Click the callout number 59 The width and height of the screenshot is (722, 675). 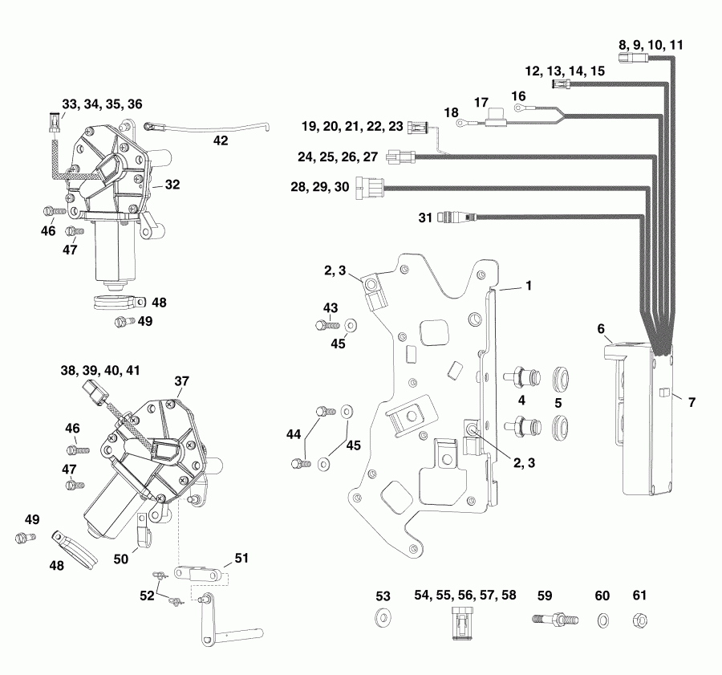[545, 596]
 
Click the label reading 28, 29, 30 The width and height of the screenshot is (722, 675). [318, 187]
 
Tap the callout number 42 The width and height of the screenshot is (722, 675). [220, 140]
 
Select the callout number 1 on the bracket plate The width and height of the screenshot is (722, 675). [529, 285]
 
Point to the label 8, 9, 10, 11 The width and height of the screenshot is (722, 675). [651, 46]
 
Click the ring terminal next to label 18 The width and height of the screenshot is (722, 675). [461, 123]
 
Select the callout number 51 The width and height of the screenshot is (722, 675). [241, 557]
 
